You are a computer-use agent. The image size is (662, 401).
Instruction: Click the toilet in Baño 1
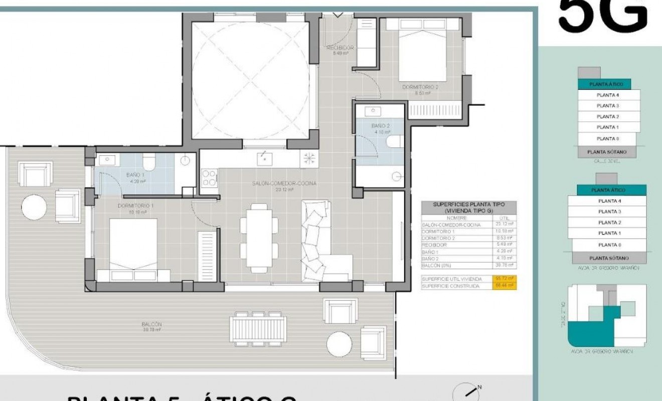click(149, 162)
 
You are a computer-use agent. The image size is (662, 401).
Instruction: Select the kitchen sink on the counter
click(264, 159)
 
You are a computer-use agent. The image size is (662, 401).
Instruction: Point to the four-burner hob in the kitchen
click(209, 177)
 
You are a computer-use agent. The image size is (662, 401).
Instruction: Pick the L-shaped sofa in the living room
click(319, 241)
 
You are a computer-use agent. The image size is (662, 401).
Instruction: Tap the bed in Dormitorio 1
click(133, 246)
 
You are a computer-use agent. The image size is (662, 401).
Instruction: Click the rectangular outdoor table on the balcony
click(258, 329)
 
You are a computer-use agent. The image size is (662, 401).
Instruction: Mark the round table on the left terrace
click(35, 206)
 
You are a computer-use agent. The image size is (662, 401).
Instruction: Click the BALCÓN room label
click(151, 325)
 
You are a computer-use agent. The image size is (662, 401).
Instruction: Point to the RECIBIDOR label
click(340, 48)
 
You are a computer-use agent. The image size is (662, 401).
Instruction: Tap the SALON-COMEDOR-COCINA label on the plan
click(284, 184)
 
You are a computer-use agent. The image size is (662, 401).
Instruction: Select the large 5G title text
click(602, 15)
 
